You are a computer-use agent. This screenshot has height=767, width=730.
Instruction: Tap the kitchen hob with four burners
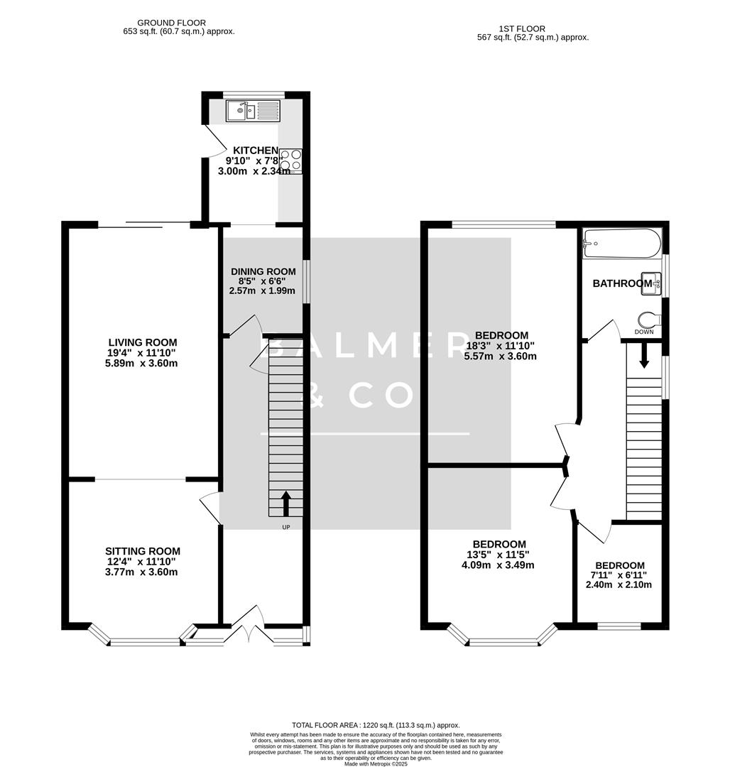click(290, 161)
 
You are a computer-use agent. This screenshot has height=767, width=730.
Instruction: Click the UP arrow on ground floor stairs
click(286, 504)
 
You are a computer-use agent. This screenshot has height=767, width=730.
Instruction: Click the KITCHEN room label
click(256, 150)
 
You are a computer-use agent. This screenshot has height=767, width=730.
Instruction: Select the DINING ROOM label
click(263, 271)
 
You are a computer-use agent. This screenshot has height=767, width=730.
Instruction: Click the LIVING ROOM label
click(143, 342)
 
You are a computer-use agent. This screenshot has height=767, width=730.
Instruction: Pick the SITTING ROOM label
click(143, 551)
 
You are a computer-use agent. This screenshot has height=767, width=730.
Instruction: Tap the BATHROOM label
click(621, 283)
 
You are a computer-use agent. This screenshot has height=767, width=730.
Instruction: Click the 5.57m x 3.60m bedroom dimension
click(501, 357)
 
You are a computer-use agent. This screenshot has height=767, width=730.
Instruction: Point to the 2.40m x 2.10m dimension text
click(619, 585)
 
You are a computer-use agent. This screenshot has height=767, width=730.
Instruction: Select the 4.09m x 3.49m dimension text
click(498, 565)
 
